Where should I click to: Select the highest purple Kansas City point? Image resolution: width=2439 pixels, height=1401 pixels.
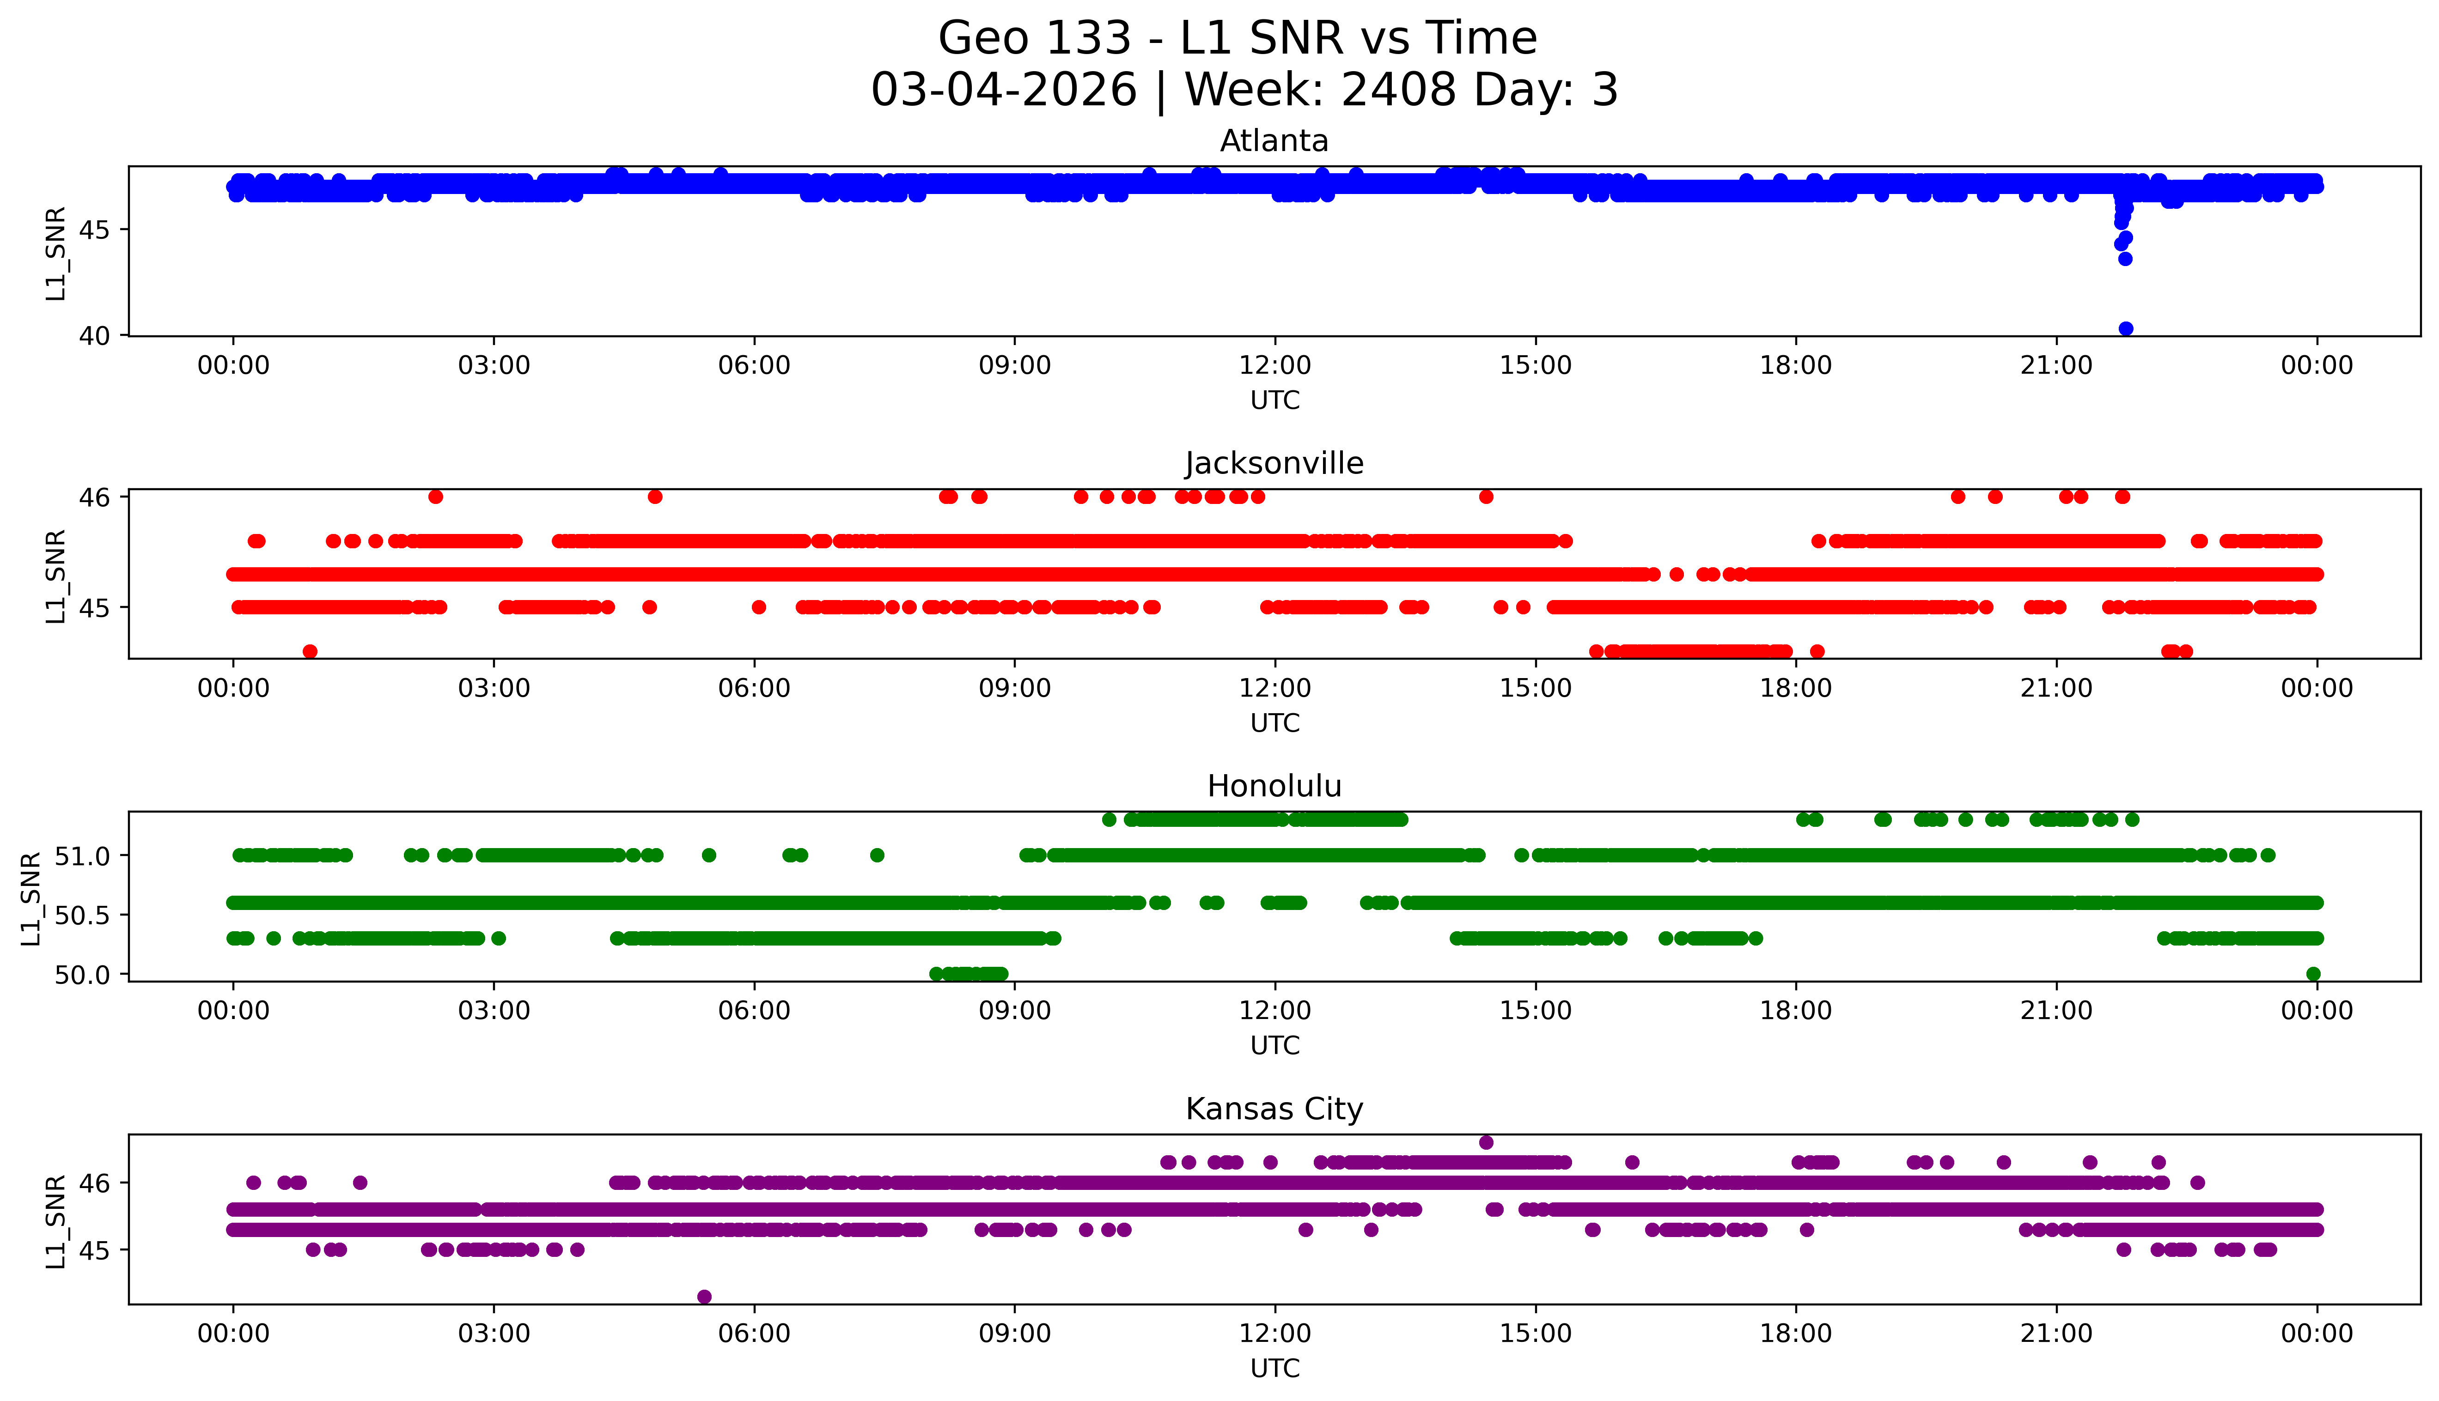1485,1142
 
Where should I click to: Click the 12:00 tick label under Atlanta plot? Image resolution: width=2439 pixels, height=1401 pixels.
1274,366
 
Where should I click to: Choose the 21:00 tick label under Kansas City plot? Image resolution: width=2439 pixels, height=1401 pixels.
2056,1334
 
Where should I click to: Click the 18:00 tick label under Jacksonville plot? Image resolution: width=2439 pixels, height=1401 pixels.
1795,688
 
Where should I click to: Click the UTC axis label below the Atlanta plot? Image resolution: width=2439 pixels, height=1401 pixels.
1274,400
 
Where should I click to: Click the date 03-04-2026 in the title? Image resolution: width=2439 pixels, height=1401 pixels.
1004,91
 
